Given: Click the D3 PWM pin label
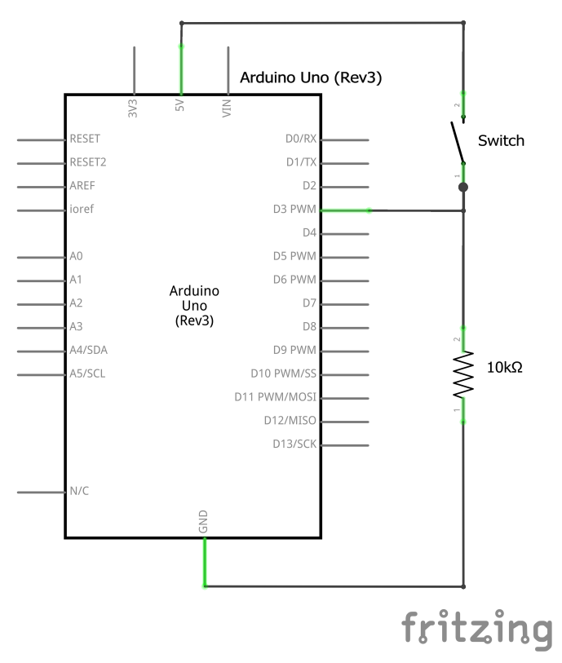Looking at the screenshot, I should (294, 210).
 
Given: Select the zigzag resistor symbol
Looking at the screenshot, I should (463, 374).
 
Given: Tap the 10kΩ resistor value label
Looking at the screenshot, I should (504, 368).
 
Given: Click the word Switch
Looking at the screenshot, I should (501, 141).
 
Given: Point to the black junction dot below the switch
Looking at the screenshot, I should (463, 188).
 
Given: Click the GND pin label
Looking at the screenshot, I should (203, 522).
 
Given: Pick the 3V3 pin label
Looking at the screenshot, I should (133, 109).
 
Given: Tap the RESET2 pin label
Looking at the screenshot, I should (89, 162).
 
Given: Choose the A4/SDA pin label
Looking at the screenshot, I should (89, 351).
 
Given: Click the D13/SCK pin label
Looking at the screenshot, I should (294, 444).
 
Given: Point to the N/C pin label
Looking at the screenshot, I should (80, 492).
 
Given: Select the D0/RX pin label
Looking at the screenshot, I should (300, 139).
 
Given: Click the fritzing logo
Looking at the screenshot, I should (476, 628).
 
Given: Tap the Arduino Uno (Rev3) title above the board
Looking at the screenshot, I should (311, 78).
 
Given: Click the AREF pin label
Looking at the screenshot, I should (83, 186).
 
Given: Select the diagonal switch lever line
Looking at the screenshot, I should (457, 143).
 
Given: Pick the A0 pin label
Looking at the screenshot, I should (77, 256).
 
